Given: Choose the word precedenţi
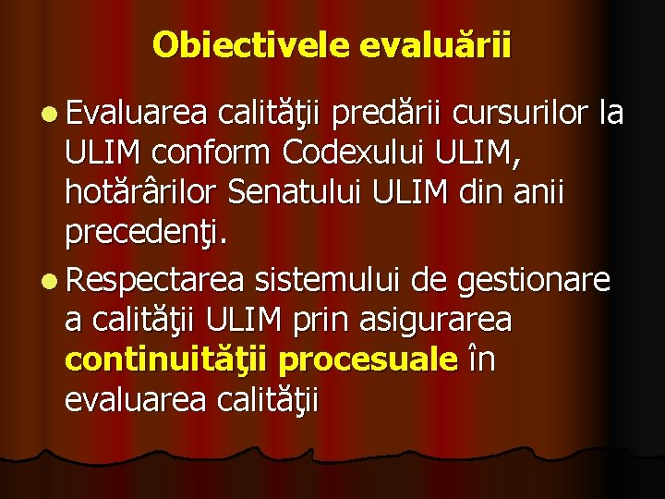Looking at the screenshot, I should (145, 237).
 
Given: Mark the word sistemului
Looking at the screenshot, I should (324, 278).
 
